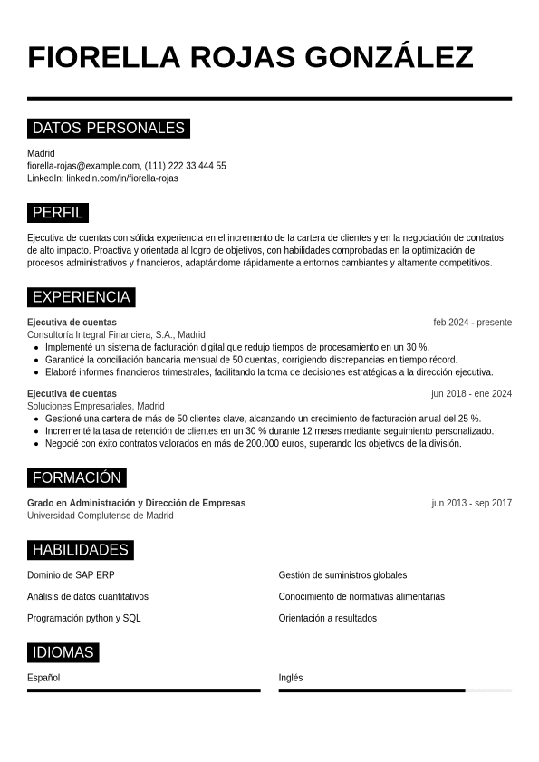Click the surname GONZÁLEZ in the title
(389, 57)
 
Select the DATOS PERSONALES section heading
(109, 128)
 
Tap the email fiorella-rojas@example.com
(83, 166)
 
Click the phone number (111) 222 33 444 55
(186, 166)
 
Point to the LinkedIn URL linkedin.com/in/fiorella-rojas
(122, 178)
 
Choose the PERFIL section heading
(58, 213)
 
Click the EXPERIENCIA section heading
(82, 297)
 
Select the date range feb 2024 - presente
(472, 323)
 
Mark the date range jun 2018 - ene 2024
(471, 394)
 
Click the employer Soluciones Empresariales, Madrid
(96, 406)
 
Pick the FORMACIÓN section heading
(77, 477)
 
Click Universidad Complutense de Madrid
(101, 516)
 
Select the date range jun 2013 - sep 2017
(471, 503)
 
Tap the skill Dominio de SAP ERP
(71, 575)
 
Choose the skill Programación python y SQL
(84, 619)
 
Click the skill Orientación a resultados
(328, 619)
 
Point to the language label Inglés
(291, 678)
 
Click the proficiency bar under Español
(143, 690)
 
